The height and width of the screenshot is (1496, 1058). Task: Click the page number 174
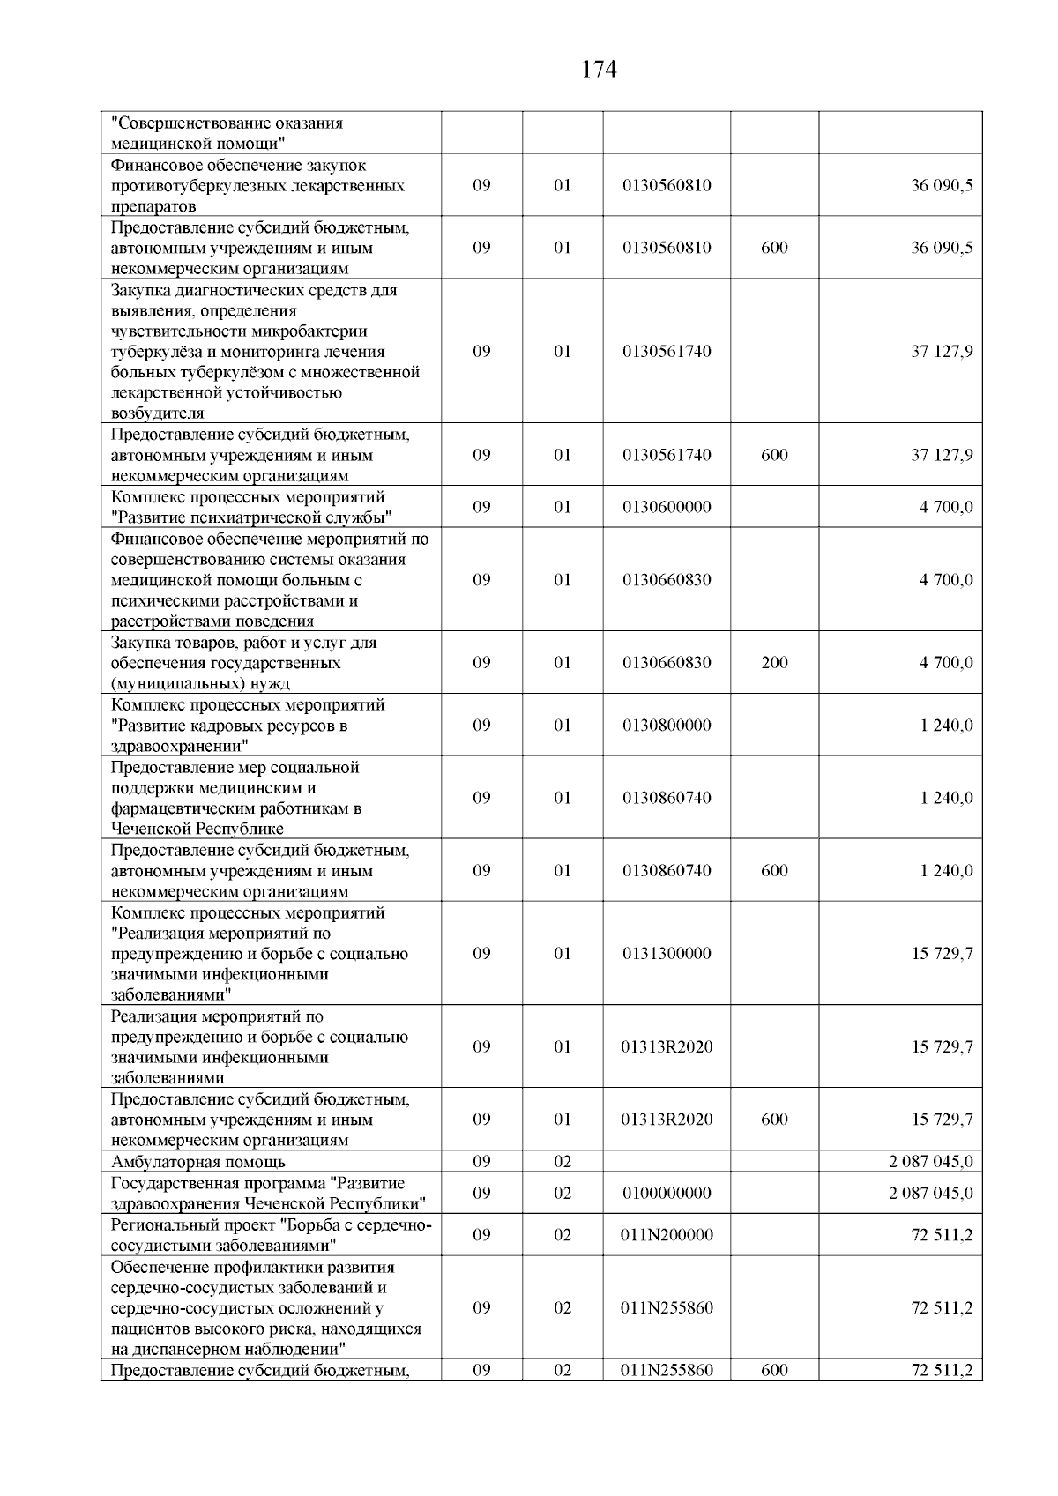599,71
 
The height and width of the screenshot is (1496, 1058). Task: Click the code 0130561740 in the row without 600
667,352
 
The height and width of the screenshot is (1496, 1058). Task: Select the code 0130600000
667,507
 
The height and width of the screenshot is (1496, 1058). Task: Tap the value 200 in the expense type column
774,663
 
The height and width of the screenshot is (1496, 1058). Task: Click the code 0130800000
667,726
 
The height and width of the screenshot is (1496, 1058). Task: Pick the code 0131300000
667,954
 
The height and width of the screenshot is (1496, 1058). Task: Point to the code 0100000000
667,1194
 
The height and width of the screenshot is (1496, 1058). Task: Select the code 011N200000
667,1235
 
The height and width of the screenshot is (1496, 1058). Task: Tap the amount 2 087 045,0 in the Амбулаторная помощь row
931,1161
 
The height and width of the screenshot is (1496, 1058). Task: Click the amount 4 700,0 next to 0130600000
946,507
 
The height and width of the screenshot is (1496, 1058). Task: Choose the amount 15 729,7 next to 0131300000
942,954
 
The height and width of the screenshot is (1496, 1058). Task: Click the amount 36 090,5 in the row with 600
942,248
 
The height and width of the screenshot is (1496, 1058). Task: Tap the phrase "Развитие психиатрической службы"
251,517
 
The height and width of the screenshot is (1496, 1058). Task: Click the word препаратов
153,207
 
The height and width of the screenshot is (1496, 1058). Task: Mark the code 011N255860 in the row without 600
667,1308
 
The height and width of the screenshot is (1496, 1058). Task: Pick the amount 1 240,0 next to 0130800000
946,726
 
